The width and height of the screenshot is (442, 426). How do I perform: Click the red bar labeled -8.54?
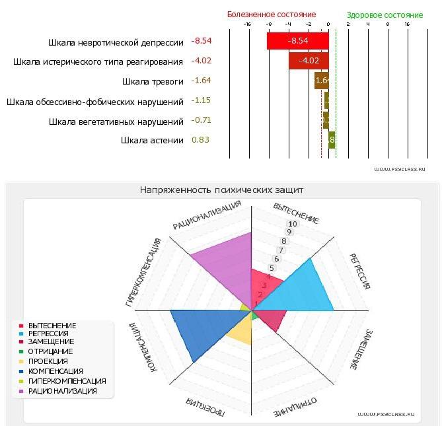click(x=297, y=41)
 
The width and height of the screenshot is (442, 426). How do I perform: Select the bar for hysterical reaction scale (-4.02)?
click(x=309, y=61)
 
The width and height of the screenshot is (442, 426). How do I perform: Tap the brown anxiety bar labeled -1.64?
click(x=321, y=81)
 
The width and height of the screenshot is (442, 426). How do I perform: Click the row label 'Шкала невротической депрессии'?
click(x=116, y=43)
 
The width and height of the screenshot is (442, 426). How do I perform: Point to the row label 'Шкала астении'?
click(x=152, y=140)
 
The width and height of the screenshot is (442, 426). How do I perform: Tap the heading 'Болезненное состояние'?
click(x=272, y=15)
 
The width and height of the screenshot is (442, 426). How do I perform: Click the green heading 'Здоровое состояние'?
click(x=385, y=15)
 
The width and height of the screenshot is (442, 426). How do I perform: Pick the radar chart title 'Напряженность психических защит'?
click(x=221, y=190)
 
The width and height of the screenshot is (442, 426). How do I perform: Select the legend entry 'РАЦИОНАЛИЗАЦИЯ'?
click(x=62, y=391)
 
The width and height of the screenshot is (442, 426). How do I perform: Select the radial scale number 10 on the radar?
click(x=293, y=224)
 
